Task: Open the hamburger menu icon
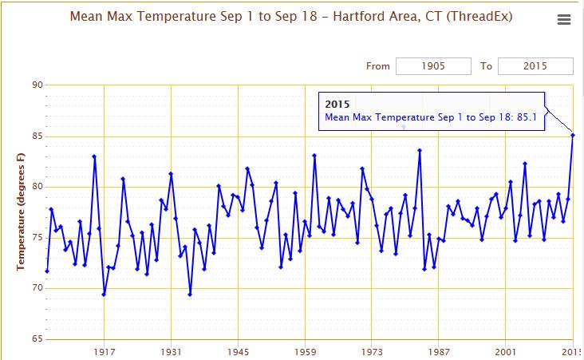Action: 564,20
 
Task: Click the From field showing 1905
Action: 433,66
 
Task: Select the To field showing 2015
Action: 535,66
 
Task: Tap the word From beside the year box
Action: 378,66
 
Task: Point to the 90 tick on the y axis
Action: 37,85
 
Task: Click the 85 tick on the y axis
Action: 37,136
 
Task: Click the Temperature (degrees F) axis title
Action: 21,212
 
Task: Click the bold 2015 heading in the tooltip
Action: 337,105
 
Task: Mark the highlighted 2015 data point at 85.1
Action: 572,135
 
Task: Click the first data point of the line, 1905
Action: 47,271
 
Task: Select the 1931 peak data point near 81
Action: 171,174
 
